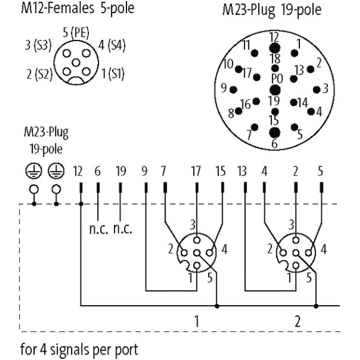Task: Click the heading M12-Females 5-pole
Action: point(78,9)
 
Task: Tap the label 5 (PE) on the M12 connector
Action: point(76,32)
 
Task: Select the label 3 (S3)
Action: point(39,45)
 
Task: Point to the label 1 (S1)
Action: point(113,74)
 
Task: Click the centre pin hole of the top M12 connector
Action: point(76,62)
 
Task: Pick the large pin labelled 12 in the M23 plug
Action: point(275,48)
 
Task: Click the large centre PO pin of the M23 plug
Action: point(275,90)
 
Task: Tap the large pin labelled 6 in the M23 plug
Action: point(275,132)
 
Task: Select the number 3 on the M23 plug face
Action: point(325,89)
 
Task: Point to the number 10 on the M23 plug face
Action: point(228,64)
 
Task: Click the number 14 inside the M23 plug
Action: point(303,103)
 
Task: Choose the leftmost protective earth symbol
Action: point(33,171)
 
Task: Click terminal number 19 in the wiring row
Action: point(121,171)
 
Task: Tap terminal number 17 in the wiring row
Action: point(196,171)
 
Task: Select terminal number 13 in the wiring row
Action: point(242,171)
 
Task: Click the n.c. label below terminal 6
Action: point(99,229)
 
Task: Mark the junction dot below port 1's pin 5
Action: point(217,306)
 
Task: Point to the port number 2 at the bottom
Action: point(297,321)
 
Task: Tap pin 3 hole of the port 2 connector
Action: point(296,240)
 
